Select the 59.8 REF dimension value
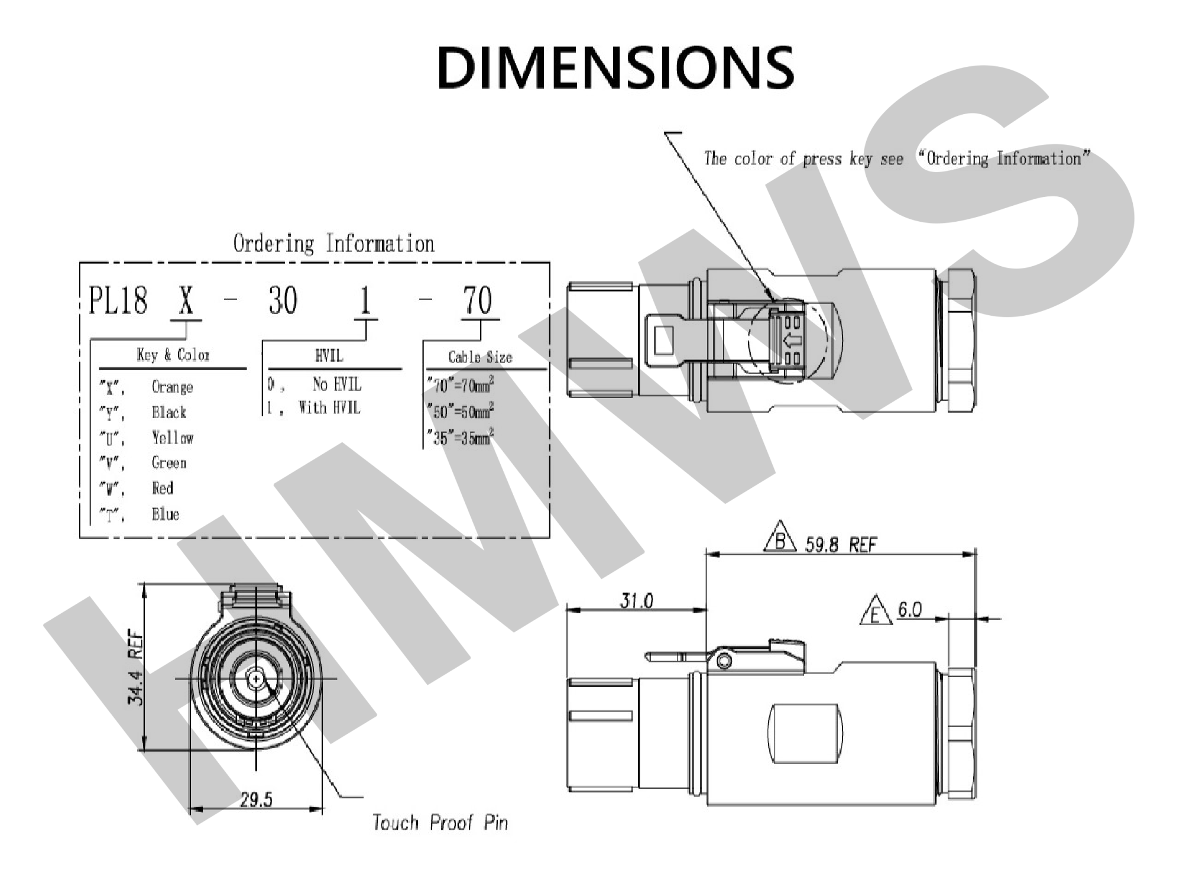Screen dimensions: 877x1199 (x=840, y=545)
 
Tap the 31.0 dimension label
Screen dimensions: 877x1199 (x=636, y=601)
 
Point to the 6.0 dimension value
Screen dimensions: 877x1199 (x=909, y=609)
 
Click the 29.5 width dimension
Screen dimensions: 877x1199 (x=256, y=800)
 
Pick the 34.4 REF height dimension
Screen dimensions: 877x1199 (x=136, y=668)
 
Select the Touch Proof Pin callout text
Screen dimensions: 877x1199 (x=439, y=823)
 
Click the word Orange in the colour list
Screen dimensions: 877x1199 (x=172, y=387)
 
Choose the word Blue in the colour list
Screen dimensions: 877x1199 (x=165, y=514)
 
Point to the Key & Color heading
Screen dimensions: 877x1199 (x=173, y=355)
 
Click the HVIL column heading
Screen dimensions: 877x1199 (x=329, y=355)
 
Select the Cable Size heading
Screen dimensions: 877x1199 (x=479, y=357)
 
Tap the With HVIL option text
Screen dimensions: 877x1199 (x=329, y=407)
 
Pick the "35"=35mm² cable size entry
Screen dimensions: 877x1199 (x=461, y=438)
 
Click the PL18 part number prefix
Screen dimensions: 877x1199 (x=118, y=300)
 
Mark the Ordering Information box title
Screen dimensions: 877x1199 (x=333, y=244)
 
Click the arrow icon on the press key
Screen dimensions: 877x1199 (x=791, y=341)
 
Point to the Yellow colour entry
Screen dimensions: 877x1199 (x=172, y=438)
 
